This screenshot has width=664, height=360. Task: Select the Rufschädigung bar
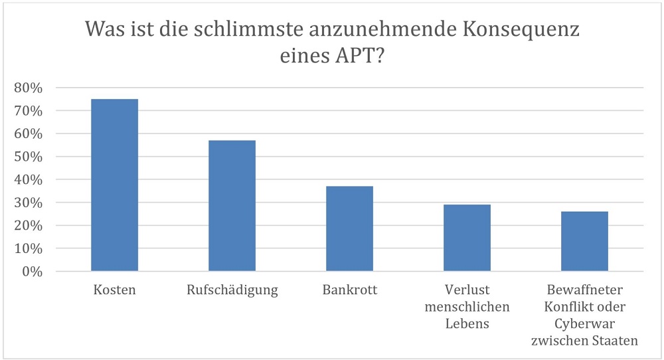[x=232, y=205]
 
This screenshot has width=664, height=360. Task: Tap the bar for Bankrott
[x=349, y=228]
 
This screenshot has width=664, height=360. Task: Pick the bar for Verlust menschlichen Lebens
[x=467, y=238]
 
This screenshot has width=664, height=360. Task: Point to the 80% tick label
[x=29, y=88]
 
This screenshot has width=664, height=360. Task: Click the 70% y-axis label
[x=29, y=111]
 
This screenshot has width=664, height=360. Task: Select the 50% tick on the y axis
[x=29, y=157]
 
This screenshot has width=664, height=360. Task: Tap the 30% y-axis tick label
[x=29, y=203]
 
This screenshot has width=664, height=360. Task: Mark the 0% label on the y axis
[x=32, y=272]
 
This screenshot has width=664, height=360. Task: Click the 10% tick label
[x=29, y=248]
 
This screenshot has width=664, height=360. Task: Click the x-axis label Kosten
[x=114, y=291]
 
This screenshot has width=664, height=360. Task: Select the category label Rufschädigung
[x=232, y=291]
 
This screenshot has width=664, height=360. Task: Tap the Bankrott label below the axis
[x=349, y=291]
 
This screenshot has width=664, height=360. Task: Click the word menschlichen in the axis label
[x=467, y=308]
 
